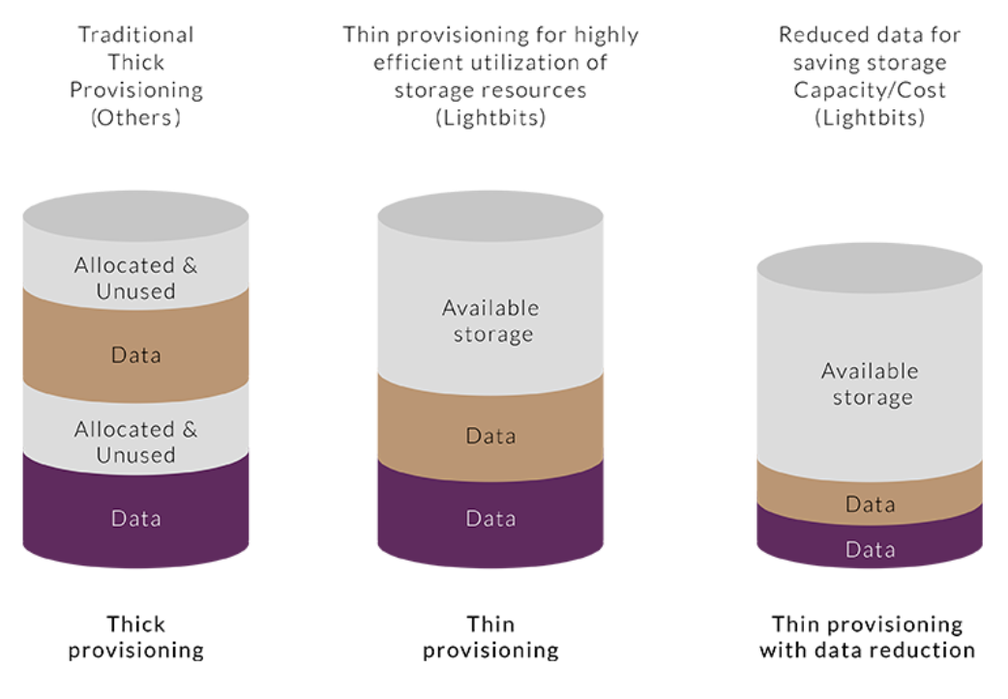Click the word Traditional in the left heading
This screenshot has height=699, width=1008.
coord(135,34)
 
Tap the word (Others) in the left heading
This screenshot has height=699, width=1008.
coord(135,118)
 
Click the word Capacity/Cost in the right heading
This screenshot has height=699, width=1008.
coord(869,90)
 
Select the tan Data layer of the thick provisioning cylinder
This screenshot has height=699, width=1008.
coord(135,348)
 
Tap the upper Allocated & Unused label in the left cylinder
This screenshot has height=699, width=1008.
coord(135,278)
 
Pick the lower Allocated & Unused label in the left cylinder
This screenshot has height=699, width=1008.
coord(135,442)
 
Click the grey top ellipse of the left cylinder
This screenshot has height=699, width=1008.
coord(135,216)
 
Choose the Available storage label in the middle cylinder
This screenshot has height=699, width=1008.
coord(490,321)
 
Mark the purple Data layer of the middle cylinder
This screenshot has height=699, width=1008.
coord(490,516)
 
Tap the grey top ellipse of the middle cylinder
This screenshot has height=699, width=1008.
coord(490,216)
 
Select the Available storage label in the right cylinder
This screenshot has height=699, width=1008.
coord(870,384)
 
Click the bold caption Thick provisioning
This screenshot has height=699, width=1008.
coord(135,637)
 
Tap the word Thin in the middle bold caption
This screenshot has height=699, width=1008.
coord(490,624)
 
